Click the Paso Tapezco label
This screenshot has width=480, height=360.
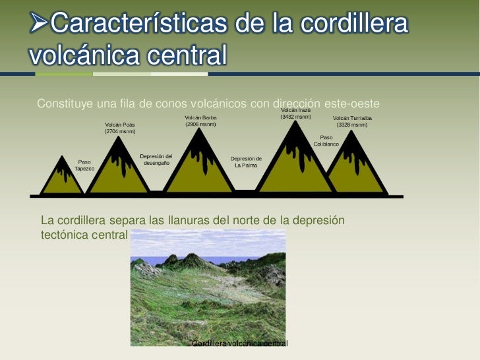pyautogui.click(x=84, y=165)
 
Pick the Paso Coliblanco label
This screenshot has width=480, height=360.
pyautogui.click(x=326, y=140)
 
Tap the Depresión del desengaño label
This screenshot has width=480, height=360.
pyautogui.click(x=156, y=159)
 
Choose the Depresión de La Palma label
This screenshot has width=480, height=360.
pyautogui.click(x=246, y=162)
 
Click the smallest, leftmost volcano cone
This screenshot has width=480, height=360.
pyautogui.click(x=63, y=178)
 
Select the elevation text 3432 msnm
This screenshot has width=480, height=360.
pyautogui.click(x=296, y=117)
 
